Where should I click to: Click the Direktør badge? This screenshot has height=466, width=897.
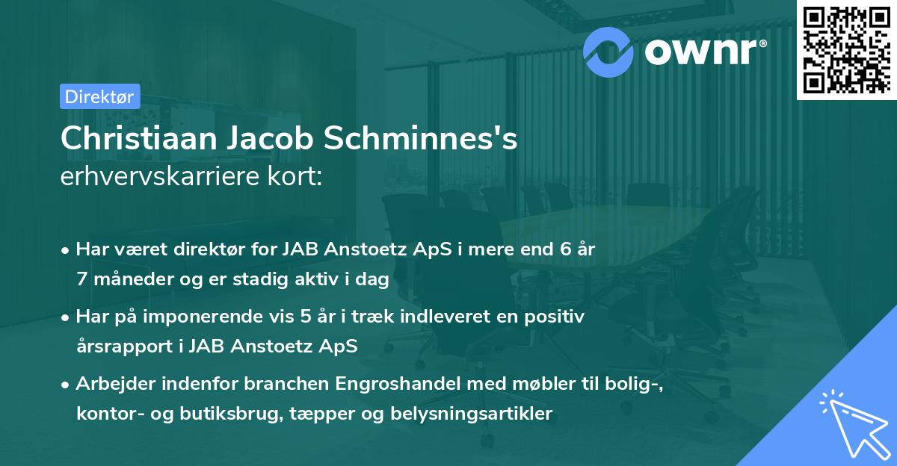[99, 96]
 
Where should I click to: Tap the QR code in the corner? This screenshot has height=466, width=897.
[845, 49]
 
